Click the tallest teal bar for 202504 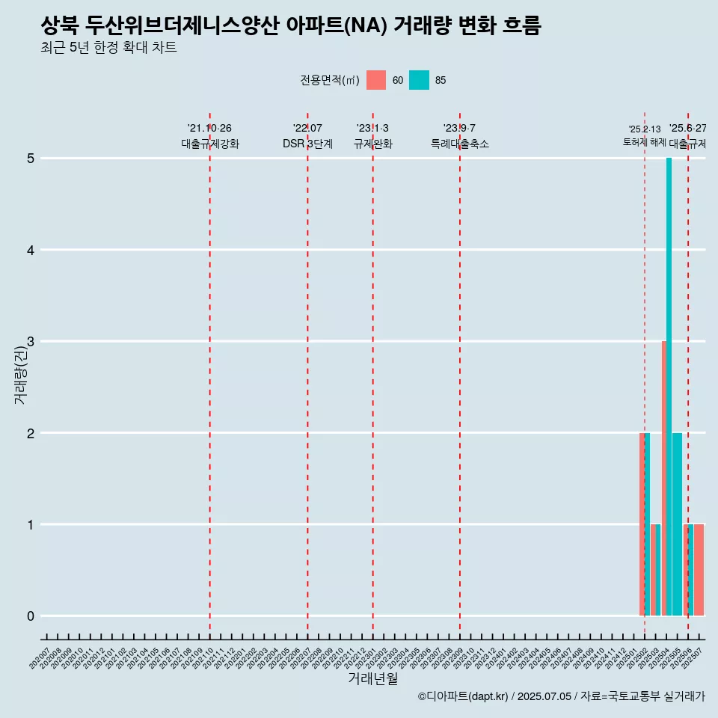pos(669,387)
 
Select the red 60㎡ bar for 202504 pos(663,479)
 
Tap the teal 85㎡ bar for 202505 pos(677,524)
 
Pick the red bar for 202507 pos(699,570)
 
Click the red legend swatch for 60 pos(376,80)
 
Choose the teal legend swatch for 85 pos(419,80)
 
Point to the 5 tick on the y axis pos(31,159)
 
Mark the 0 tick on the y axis pos(31,616)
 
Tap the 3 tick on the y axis pos(31,342)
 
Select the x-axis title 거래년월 pos(372,678)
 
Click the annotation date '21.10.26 pos(209,129)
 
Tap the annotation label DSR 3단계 pos(307,144)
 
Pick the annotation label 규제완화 pos(372,144)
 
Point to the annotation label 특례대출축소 pos(459,144)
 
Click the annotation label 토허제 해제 pos(644,142)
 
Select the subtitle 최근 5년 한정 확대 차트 pos(109,49)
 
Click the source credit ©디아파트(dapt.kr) pos(463,696)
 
